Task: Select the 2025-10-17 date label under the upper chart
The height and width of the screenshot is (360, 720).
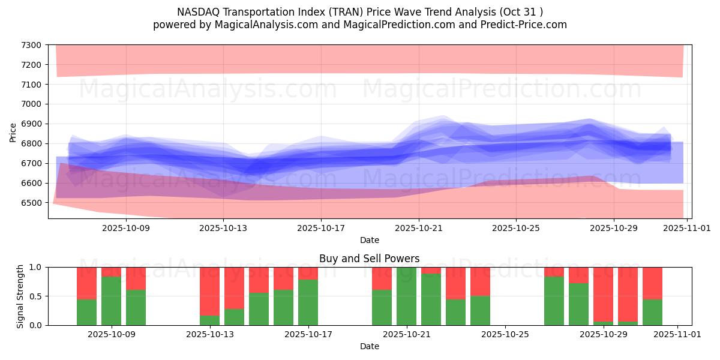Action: (x=321, y=228)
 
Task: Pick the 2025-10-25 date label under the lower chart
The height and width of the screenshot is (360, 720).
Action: (x=505, y=335)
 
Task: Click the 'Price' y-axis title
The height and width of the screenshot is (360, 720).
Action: (x=13, y=132)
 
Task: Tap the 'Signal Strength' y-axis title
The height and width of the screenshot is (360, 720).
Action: (x=20, y=296)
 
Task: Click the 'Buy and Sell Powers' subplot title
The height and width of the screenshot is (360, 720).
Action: (x=369, y=259)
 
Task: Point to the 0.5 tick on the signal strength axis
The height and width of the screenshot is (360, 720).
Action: (x=35, y=296)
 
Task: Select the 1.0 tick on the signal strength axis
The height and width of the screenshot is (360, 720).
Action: (x=35, y=268)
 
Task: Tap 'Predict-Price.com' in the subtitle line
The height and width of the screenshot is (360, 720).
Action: (x=526, y=25)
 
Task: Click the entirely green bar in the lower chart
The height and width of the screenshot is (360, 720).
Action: (x=406, y=296)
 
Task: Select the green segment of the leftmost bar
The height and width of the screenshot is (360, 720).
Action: (x=86, y=312)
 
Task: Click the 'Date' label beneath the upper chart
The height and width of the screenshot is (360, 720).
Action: (x=369, y=240)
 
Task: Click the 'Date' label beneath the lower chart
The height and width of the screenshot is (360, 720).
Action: (x=369, y=346)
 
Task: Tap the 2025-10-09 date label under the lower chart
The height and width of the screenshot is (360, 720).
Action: (x=112, y=335)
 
